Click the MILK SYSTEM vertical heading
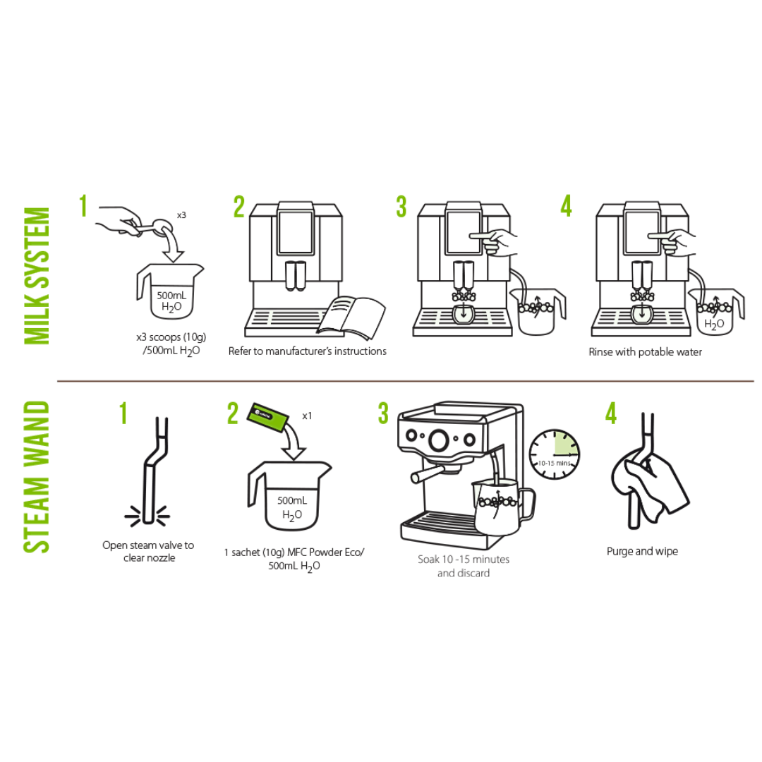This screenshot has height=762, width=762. [37, 276]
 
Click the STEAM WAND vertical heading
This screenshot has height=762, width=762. [37, 477]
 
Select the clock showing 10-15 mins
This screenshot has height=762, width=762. [554, 454]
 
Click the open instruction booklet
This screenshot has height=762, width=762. [351, 317]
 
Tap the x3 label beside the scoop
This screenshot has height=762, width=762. [181, 214]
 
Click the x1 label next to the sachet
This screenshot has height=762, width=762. [307, 416]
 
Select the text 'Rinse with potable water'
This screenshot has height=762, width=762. [646, 352]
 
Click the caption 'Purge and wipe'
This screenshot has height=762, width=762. [642, 552]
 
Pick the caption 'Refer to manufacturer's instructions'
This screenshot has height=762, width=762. [308, 351]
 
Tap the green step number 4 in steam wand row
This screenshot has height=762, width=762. [611, 413]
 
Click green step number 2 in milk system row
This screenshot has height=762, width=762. [239, 207]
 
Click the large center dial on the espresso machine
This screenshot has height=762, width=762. [439, 440]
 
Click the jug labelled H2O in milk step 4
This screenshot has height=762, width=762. [716, 312]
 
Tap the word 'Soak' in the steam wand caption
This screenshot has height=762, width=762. [428, 560]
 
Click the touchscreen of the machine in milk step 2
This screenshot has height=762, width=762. [296, 232]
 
